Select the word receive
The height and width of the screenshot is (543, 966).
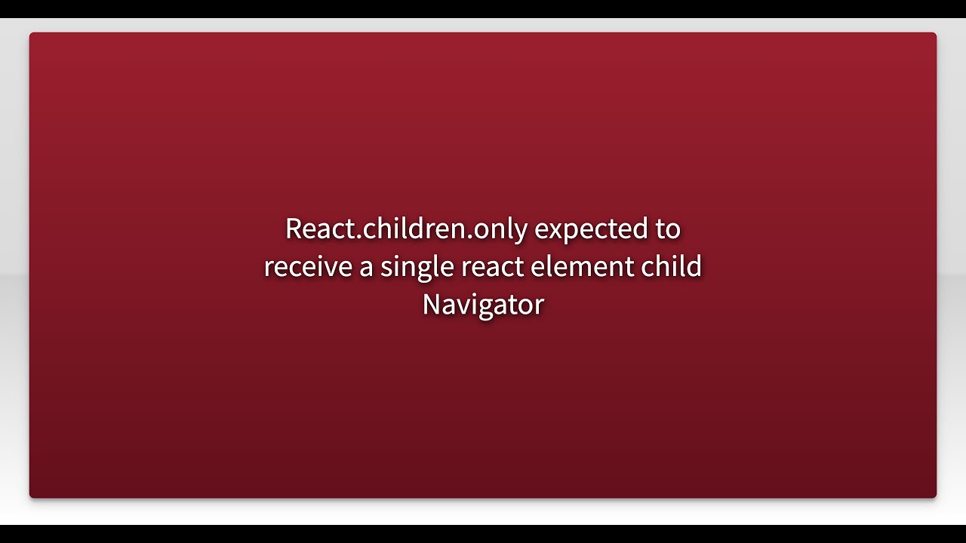[x=308, y=267]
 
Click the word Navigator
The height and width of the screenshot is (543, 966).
[x=483, y=305]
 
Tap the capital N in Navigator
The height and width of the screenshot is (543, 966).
[x=431, y=305]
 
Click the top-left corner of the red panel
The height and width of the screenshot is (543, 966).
[x=30, y=33]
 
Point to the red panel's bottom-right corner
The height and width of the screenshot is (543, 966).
[x=936, y=497]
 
